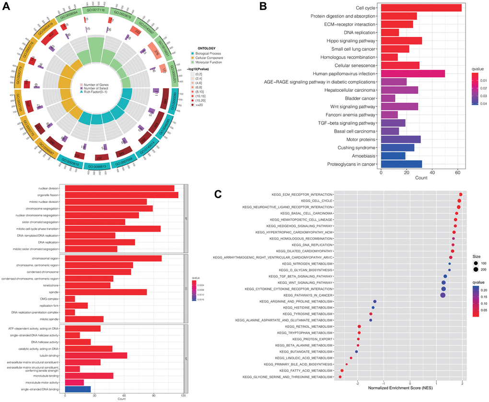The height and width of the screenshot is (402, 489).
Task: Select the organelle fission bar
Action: coord(121,195)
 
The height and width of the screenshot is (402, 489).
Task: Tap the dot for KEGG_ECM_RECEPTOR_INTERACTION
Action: coord(460,194)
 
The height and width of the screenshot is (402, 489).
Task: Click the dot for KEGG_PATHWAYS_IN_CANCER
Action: coord(442,295)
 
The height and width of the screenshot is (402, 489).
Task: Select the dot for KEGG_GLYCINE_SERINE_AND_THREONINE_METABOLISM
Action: coord(340,377)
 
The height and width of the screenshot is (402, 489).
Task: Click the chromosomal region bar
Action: coord(113,258)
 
